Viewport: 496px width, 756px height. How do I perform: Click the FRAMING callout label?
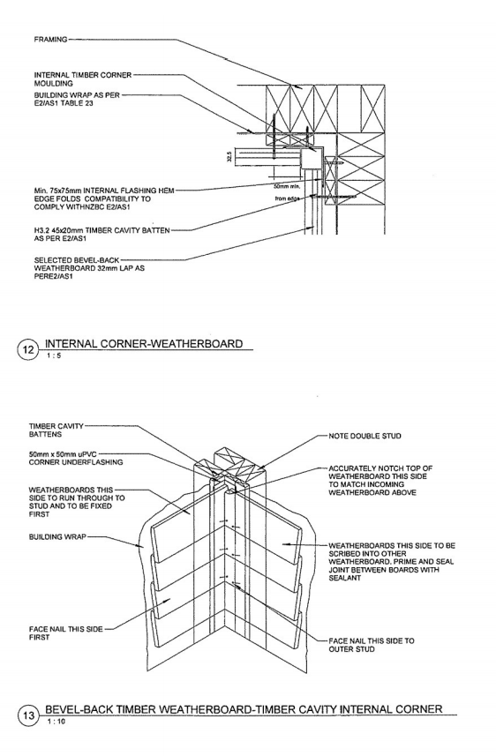pos(50,39)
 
